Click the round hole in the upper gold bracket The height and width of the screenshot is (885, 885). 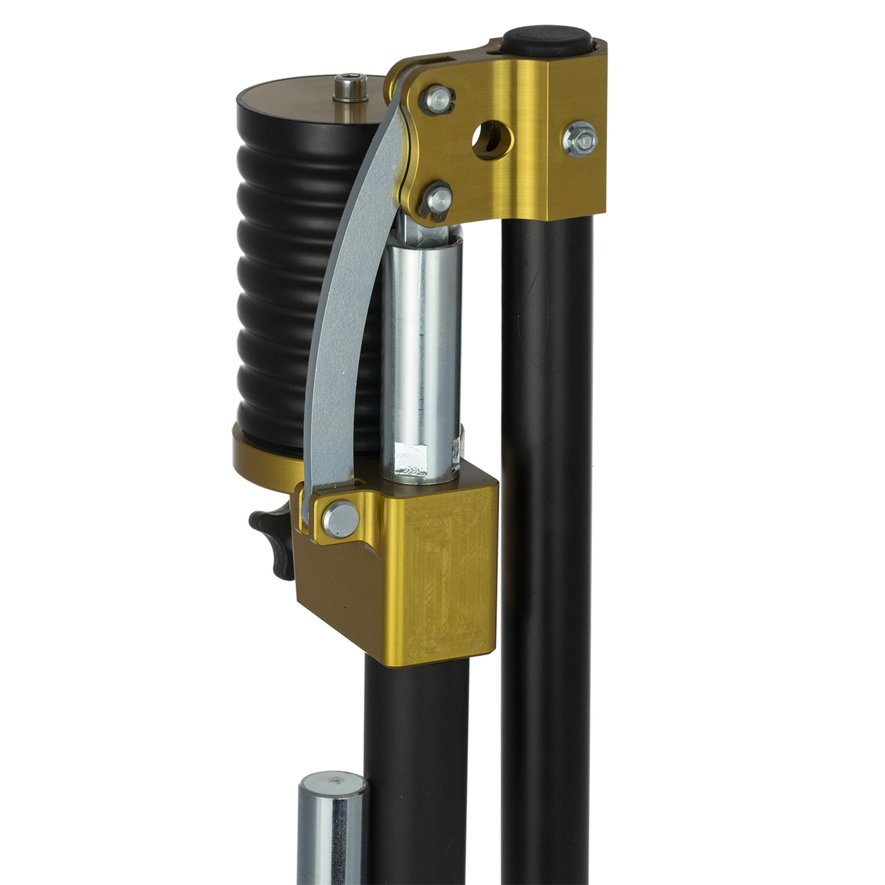point(491,140)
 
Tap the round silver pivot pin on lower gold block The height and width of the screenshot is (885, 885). point(341,519)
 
